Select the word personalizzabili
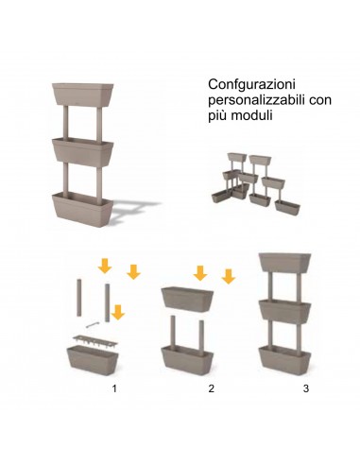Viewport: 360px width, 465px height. click(x=247, y=100)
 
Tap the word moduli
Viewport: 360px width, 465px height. click(x=251, y=117)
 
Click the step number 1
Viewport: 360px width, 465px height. click(x=113, y=388)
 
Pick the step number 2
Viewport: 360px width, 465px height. click(x=212, y=388)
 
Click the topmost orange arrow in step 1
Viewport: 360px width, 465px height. click(x=105, y=262)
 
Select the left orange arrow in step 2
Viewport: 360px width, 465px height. click(x=200, y=273)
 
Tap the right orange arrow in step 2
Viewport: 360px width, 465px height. click(x=228, y=276)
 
